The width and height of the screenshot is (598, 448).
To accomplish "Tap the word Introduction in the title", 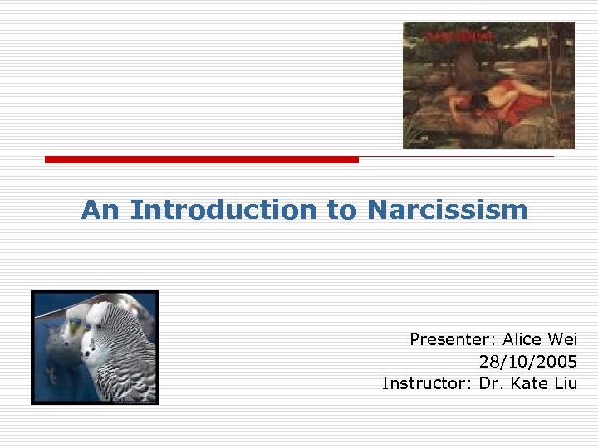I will (x=223, y=211).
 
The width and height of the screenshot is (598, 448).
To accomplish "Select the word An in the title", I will (x=100, y=211).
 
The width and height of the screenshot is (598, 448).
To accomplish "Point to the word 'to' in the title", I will (x=341, y=211).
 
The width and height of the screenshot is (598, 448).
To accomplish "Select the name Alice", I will (x=521, y=339).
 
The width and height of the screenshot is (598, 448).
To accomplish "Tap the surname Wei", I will (x=562, y=339).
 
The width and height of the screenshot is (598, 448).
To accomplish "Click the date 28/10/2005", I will (x=528, y=361).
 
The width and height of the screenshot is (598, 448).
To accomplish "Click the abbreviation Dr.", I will (x=490, y=382).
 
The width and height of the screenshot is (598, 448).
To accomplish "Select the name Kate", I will (x=527, y=382).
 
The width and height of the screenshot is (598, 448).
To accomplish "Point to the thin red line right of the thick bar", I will (x=456, y=156).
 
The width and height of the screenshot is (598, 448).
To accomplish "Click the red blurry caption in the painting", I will (x=460, y=37).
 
